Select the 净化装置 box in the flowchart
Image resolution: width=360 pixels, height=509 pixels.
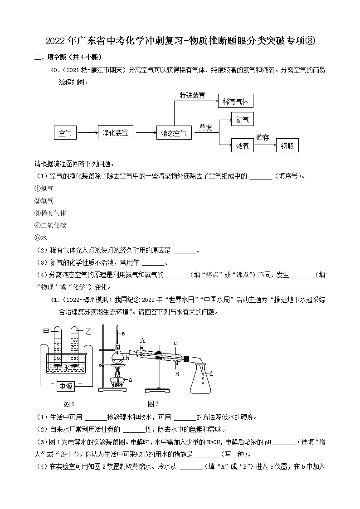coord(115,133)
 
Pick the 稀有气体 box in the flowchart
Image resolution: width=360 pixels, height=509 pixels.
coord(235,101)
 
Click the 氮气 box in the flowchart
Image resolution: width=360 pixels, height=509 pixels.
coord(242,120)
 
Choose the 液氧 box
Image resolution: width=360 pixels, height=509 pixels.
coord(242,146)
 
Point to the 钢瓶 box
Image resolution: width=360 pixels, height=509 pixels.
coord(287,146)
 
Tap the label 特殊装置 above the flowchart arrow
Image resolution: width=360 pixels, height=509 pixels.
coord(192,96)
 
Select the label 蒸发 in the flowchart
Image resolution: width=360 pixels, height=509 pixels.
coord(205,127)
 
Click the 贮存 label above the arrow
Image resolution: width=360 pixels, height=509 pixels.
coord(262,138)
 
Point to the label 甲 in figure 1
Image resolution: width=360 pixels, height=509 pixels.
coord(46,332)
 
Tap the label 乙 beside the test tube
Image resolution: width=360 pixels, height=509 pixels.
coord(88,332)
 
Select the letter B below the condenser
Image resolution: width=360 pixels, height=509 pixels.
coord(177,374)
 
